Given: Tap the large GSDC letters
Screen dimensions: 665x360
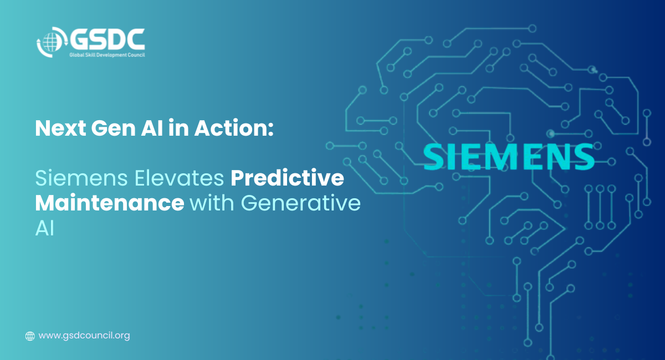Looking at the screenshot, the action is [108, 39].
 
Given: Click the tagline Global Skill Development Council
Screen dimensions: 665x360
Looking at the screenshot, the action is [107, 55].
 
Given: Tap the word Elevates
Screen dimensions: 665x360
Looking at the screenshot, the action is [180, 178].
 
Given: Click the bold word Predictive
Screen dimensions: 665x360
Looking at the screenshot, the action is [288, 178].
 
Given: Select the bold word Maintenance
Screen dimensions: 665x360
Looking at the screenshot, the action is [110, 203].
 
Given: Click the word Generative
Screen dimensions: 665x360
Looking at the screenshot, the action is [300, 203].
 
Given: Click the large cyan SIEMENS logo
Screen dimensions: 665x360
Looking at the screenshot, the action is [509, 157].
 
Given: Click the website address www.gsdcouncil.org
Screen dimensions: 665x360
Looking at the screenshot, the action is [84, 336].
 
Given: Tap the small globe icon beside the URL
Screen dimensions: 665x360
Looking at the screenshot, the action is [30, 336].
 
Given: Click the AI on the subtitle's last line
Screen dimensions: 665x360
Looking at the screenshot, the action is [45, 229].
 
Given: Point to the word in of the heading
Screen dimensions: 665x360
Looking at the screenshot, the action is [178, 128].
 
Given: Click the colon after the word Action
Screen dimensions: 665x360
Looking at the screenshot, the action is [270, 131].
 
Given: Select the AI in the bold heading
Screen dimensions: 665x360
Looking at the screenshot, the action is [152, 128].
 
